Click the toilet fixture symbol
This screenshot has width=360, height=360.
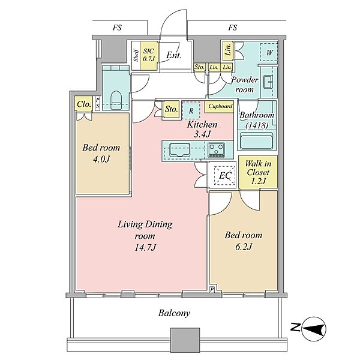[x=116, y=100]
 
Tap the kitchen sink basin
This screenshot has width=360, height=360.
[x=180, y=149]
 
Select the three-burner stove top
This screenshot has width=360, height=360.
[x=216, y=149]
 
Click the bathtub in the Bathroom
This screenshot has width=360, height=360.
[x=256, y=140]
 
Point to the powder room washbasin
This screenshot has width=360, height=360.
[x=268, y=82]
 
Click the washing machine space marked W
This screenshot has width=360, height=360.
[x=269, y=52]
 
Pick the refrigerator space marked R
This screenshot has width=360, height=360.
[x=191, y=110]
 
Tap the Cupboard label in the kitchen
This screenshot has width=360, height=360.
[x=220, y=106]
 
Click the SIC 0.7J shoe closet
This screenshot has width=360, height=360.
[x=149, y=55]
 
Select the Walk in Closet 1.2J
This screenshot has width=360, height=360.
[x=258, y=172]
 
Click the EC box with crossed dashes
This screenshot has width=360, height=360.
[x=225, y=176]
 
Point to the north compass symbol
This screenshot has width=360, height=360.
[x=313, y=329]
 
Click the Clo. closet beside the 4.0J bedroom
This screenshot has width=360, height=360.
[x=83, y=104]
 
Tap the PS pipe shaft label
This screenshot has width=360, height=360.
[x=98, y=103]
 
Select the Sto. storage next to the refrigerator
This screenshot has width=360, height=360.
[x=171, y=109]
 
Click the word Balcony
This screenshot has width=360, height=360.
[x=174, y=313]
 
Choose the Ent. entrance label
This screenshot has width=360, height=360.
[x=174, y=55]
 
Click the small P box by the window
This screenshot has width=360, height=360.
[x=212, y=290]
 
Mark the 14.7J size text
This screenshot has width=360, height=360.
[x=146, y=247]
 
